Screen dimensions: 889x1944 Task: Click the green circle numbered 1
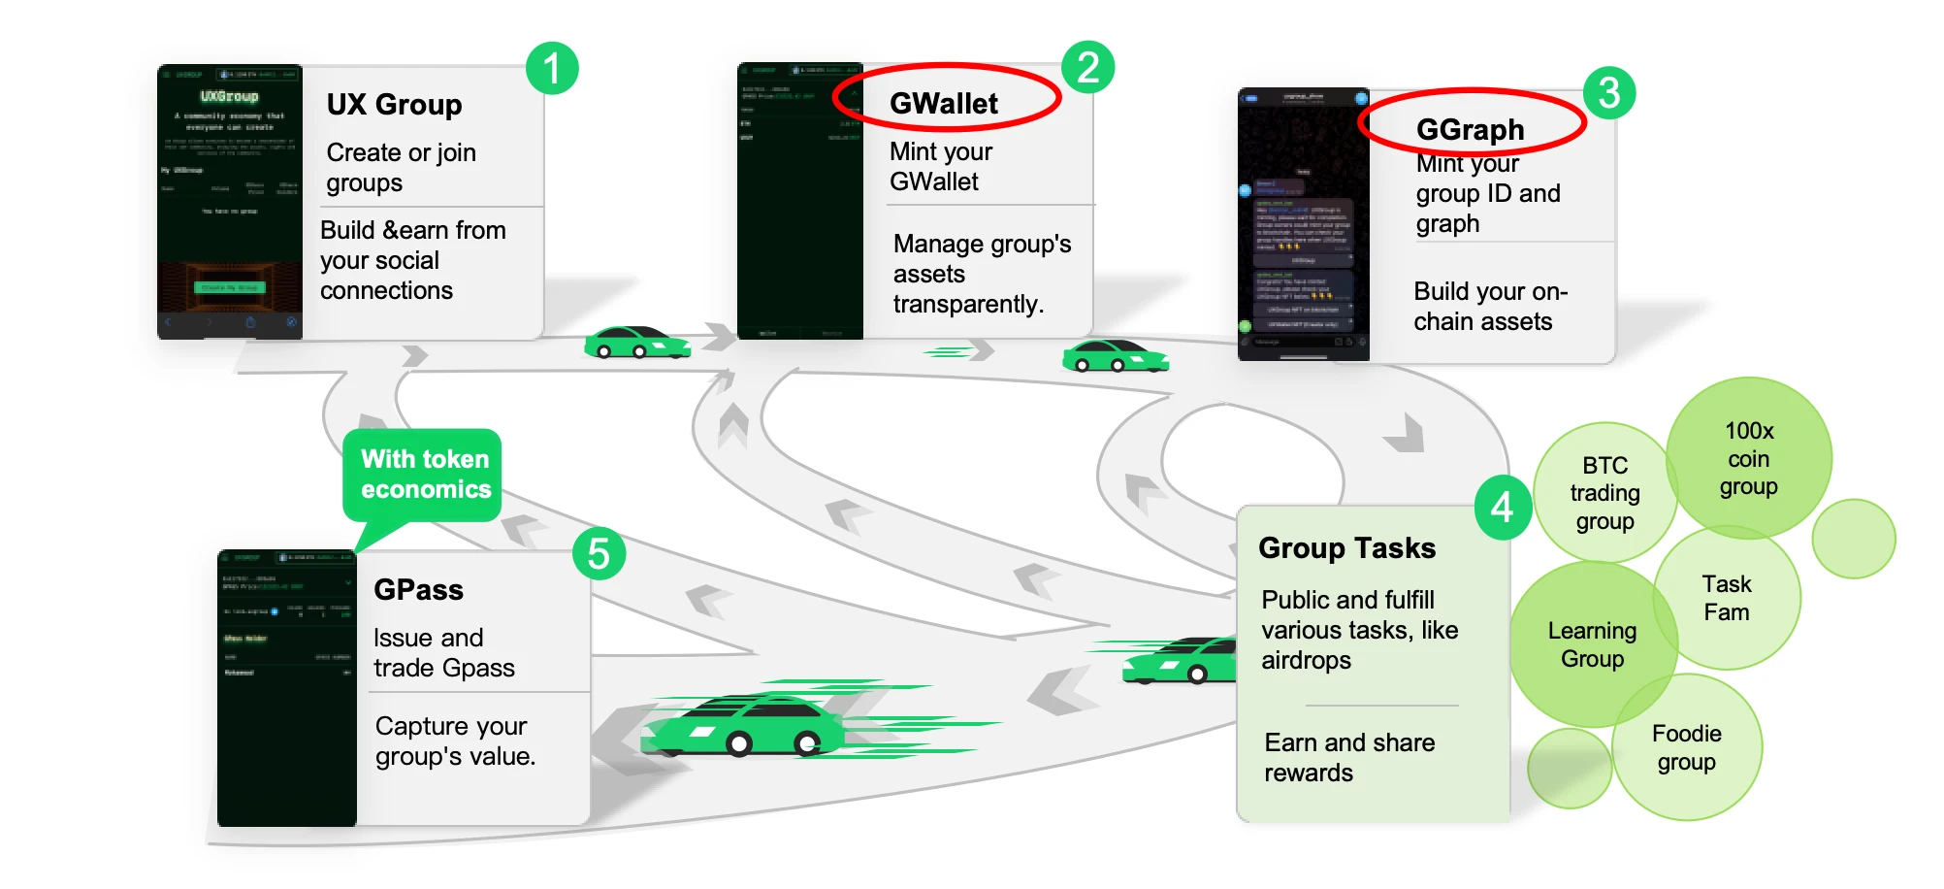tap(552, 69)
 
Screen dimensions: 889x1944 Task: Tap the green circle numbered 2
tap(1087, 68)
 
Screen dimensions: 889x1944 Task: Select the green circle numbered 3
tap(1608, 93)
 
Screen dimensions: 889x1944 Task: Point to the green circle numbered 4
tap(1502, 506)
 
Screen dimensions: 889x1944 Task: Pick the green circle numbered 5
tap(599, 554)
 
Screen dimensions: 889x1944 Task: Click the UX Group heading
tap(394, 105)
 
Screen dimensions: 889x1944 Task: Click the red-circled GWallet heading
tap(944, 103)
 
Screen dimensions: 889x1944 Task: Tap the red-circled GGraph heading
tap(1470, 129)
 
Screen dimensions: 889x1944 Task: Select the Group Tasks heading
tap(1346, 548)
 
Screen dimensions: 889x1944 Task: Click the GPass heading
tap(418, 590)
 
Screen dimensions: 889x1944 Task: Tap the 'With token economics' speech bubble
tap(425, 475)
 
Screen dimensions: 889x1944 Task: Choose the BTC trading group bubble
tap(1604, 493)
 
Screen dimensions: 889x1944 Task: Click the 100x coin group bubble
tap(1748, 458)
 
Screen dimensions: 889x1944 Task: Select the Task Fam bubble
tap(1726, 598)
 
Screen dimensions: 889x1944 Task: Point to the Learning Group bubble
tap(1592, 644)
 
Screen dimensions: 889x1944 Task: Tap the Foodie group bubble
tap(1686, 747)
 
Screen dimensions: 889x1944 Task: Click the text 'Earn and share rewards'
tap(1348, 757)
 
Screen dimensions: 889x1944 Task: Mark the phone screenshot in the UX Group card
tap(230, 202)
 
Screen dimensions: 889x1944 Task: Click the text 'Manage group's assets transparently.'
tap(981, 274)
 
